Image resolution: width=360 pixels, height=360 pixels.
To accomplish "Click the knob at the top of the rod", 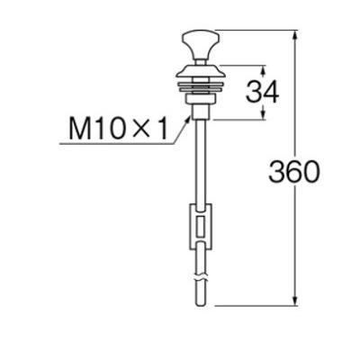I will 198,40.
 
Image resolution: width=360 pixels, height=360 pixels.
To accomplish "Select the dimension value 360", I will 294,171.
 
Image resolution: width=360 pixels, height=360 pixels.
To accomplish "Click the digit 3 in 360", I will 278,171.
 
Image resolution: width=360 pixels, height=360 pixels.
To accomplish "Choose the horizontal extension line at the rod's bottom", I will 252,305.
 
